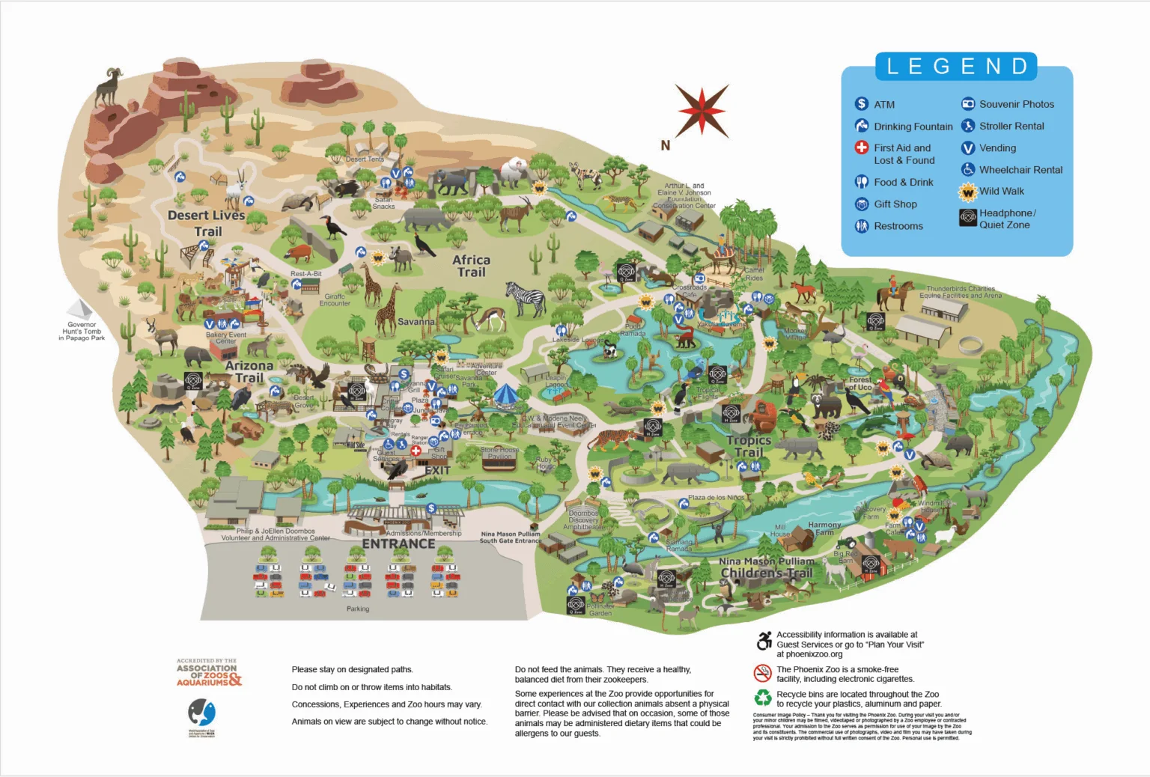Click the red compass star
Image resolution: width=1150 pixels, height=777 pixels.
pyautogui.click(x=702, y=110)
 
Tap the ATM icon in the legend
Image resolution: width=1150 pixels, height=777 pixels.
pyautogui.click(x=862, y=104)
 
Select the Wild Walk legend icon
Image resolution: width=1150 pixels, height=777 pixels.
pyautogui.click(x=968, y=192)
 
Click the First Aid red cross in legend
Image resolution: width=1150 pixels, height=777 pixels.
pyautogui.click(x=862, y=147)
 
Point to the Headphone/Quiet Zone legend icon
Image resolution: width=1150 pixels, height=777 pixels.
pyautogui.click(x=968, y=218)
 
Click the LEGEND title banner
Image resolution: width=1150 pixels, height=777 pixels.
pyautogui.click(x=956, y=67)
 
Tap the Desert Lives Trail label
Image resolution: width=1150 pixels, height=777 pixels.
pyautogui.click(x=207, y=223)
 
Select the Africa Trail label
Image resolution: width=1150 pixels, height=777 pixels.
pyautogui.click(x=471, y=266)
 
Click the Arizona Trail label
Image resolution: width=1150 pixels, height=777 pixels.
pyautogui.click(x=249, y=371)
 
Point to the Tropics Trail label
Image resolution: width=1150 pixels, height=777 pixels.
pyautogui.click(x=748, y=446)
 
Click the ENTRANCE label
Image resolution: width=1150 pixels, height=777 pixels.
pyautogui.click(x=398, y=544)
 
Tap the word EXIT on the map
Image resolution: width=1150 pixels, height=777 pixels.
pyautogui.click(x=437, y=471)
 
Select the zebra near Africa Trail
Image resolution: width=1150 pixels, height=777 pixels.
pyautogui.click(x=526, y=299)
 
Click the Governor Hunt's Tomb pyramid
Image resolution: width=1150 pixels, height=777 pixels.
pyautogui.click(x=80, y=309)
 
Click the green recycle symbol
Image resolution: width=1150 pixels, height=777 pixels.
pyautogui.click(x=762, y=698)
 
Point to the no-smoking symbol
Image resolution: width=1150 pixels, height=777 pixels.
pyautogui.click(x=762, y=673)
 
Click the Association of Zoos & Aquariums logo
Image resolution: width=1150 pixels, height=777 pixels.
pyautogui.click(x=208, y=672)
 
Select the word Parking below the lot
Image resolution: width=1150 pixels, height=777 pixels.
pyautogui.click(x=357, y=609)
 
